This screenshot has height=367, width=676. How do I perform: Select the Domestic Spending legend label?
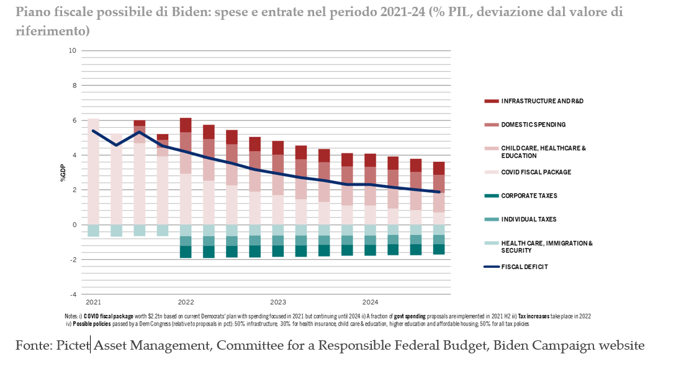click(x=533, y=125)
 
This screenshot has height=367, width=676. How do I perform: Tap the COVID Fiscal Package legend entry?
click(x=536, y=172)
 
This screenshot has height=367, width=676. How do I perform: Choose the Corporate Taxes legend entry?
click(x=529, y=196)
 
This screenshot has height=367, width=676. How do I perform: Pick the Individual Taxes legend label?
click(x=529, y=219)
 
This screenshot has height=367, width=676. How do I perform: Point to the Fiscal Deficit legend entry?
click(x=525, y=267)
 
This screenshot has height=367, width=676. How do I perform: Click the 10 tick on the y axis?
click(x=73, y=51)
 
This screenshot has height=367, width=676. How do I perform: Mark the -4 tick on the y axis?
click(x=73, y=294)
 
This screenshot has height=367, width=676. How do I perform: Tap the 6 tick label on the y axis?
click(x=74, y=120)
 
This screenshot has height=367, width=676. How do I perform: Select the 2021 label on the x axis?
click(x=94, y=303)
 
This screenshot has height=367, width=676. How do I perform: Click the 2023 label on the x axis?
click(x=277, y=303)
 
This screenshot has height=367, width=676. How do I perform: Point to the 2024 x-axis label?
click(x=370, y=303)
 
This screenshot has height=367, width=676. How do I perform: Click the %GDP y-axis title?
click(x=63, y=172)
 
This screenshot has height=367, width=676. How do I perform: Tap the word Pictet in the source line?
click(x=74, y=345)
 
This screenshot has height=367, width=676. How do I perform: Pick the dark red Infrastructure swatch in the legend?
click(x=491, y=101)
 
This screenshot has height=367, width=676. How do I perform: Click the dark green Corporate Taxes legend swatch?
click(x=491, y=196)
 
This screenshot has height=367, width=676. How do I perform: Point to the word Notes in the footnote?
click(x=71, y=316)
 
